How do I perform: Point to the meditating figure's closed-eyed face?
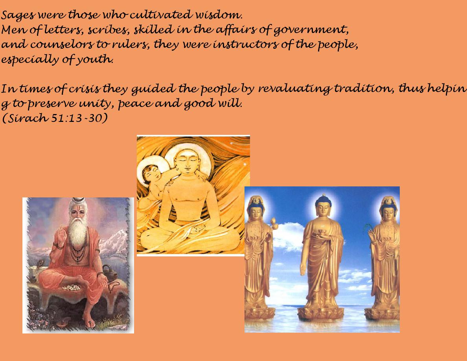186,161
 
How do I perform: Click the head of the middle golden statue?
324,206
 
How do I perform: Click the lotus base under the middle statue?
320,314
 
